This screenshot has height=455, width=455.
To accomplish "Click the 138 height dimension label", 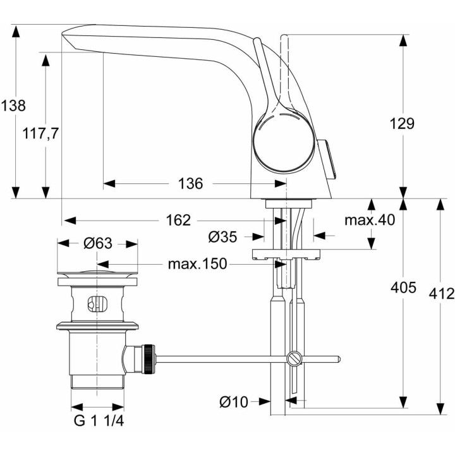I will [x=13, y=106].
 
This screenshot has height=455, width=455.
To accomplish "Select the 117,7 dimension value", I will [x=40, y=133].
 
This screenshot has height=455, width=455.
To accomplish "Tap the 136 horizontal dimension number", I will [x=190, y=184].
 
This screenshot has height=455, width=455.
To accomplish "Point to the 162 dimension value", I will [x=178, y=221].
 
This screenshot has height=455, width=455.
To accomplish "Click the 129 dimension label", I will [x=402, y=123].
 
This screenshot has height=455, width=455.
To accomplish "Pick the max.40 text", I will [x=370, y=221].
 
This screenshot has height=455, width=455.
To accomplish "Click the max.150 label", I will [x=197, y=264].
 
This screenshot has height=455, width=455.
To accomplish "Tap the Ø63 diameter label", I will [x=97, y=243].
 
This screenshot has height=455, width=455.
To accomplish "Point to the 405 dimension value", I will [x=403, y=288].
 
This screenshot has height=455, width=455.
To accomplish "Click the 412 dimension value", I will [x=441, y=293].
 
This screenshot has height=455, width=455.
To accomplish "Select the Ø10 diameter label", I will [x=233, y=401].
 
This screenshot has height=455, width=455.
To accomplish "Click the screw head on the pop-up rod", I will [x=293, y=359].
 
